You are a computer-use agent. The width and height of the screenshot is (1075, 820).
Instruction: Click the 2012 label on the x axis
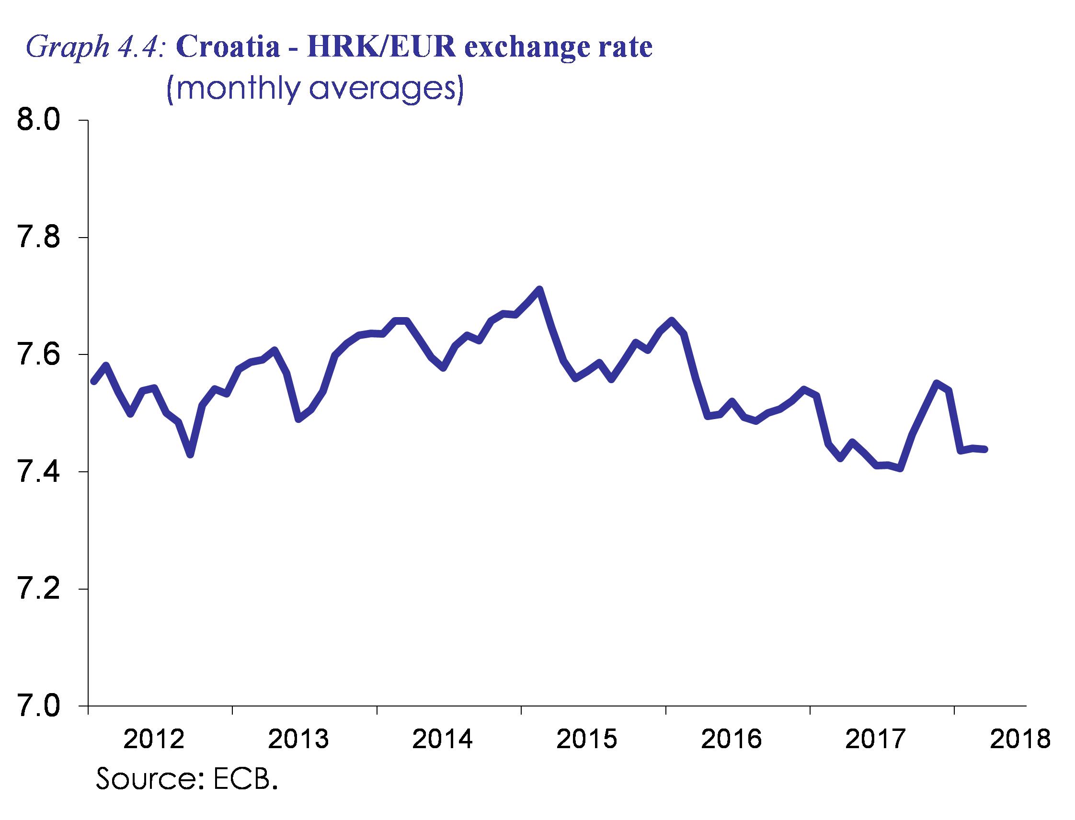pyautogui.click(x=154, y=739)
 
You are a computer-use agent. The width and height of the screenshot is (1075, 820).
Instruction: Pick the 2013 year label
pyautogui.click(x=299, y=739)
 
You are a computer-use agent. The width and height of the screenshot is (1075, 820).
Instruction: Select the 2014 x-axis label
pyautogui.click(x=443, y=739)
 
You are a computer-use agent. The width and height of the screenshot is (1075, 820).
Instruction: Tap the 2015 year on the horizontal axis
pyautogui.click(x=587, y=739)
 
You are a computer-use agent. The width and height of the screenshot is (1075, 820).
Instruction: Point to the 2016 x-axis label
pyautogui.click(x=732, y=739)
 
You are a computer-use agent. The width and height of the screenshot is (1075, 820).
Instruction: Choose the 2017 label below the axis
pyautogui.click(x=875, y=739)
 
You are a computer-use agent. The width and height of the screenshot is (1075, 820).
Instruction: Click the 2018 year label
pyautogui.click(x=1020, y=739)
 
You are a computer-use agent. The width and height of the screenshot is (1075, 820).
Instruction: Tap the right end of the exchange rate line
pyautogui.click(x=985, y=449)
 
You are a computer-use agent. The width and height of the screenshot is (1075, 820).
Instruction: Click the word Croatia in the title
pyautogui.click(x=228, y=48)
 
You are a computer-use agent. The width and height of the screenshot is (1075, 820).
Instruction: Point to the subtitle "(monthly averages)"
pyautogui.click(x=315, y=89)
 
